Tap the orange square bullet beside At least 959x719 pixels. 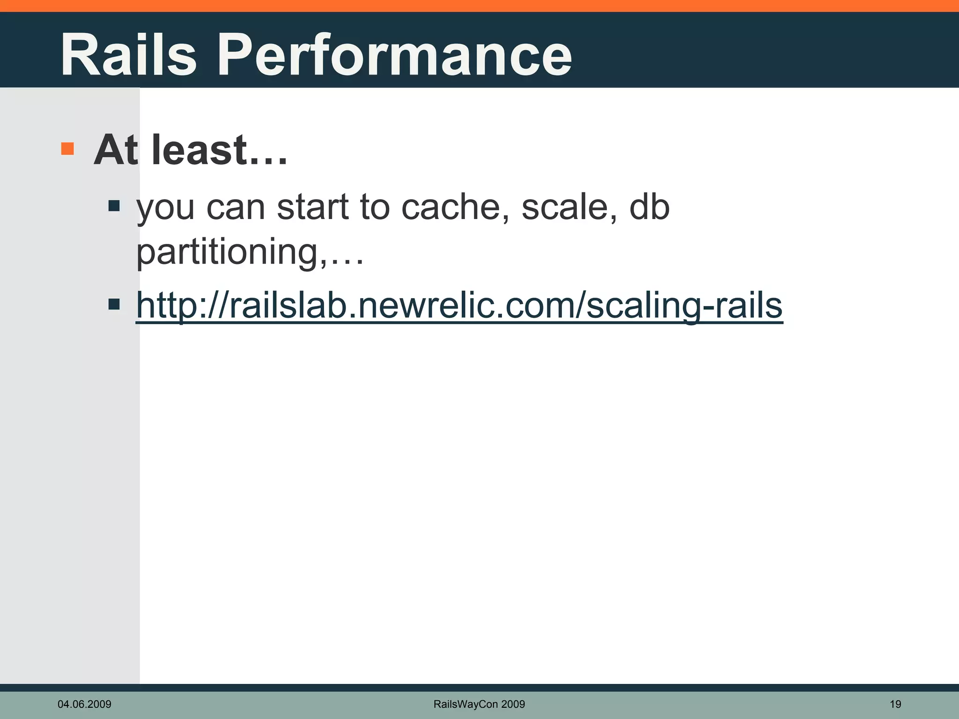[67, 149]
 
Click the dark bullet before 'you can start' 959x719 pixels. [114, 206]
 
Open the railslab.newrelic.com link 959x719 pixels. [459, 305]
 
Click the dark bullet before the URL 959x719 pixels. [114, 305]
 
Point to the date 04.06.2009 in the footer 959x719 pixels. [84, 704]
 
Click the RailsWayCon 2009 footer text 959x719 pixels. [479, 704]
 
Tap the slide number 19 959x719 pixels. [895, 704]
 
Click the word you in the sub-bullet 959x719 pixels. [165, 209]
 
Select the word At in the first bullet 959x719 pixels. [116, 151]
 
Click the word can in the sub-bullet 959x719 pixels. [236, 208]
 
